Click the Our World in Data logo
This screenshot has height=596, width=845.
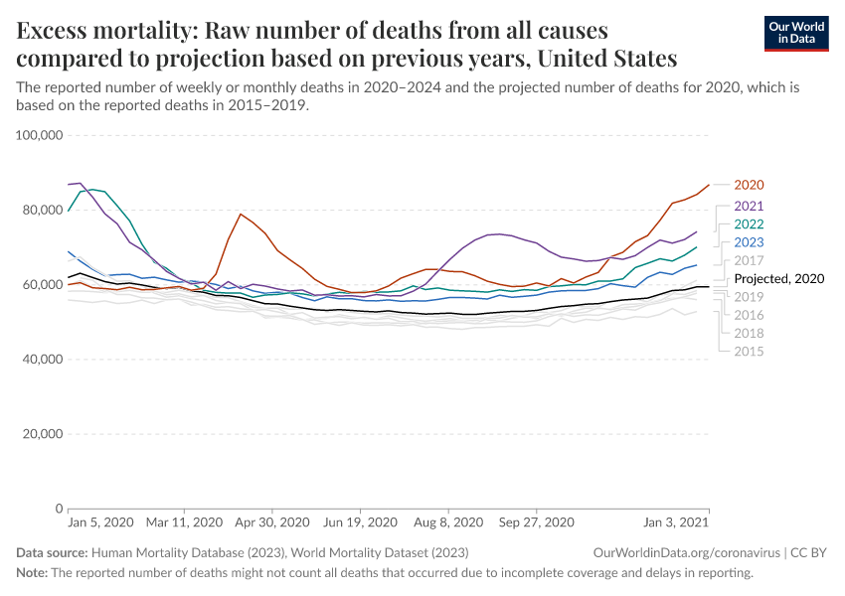point(795,33)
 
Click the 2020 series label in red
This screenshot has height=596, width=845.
point(748,185)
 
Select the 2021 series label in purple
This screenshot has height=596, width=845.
point(748,206)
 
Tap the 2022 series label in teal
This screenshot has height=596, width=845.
point(748,223)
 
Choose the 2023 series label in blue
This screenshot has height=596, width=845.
point(748,241)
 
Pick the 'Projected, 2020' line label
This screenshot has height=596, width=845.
point(779,279)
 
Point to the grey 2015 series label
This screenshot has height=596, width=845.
point(748,351)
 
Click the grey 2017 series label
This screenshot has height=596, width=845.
point(748,260)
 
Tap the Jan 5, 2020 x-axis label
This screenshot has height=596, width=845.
point(100,522)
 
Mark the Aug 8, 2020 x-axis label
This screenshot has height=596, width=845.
point(445,522)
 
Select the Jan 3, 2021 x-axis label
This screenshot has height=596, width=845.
point(676,522)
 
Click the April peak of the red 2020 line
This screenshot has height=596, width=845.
point(241,214)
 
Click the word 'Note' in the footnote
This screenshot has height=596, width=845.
point(31,573)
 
